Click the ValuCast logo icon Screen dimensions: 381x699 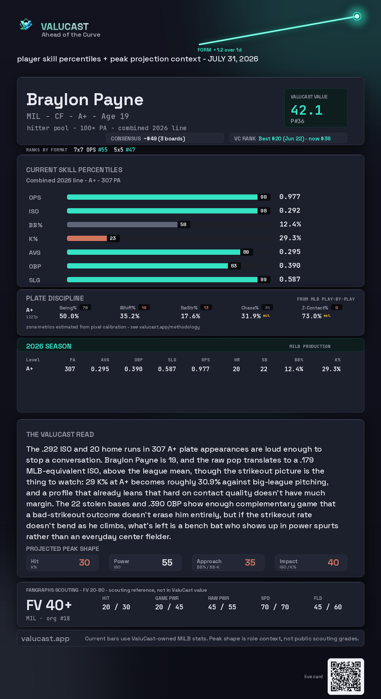26,24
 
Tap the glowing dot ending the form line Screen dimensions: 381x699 357,16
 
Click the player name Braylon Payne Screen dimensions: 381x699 85,100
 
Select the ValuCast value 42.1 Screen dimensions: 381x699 307,110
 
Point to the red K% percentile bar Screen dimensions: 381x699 87,238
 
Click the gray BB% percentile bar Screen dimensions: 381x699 122,224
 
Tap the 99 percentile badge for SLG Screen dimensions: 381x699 264,279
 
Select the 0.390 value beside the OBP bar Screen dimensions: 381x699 290,265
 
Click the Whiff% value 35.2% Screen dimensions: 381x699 129,316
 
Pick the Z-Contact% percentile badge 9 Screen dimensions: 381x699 337,308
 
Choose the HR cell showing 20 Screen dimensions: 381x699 236,369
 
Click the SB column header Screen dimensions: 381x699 265,360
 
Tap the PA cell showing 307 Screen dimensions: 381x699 70,369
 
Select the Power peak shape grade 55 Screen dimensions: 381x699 167,562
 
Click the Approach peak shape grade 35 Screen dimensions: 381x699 250,562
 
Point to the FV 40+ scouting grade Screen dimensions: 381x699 49,605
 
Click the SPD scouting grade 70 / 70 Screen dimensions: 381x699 275,607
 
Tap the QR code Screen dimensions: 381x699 346,676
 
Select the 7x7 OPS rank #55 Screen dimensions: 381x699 103,150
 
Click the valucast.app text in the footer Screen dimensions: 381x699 45,639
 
